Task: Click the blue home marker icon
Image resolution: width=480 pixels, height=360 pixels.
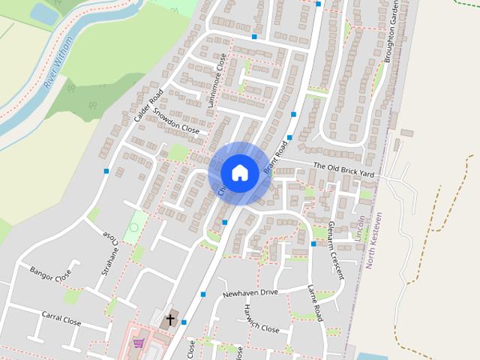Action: click(x=239, y=172)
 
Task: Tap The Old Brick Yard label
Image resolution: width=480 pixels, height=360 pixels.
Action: click(x=343, y=169)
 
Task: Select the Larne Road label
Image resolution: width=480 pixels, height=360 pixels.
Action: click(x=315, y=303)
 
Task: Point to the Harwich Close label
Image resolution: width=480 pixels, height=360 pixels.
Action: click(x=261, y=324)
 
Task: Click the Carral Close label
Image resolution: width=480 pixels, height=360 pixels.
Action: click(x=61, y=319)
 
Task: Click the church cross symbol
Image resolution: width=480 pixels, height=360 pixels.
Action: click(x=169, y=320)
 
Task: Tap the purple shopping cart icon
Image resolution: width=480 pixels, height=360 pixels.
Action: click(x=138, y=343)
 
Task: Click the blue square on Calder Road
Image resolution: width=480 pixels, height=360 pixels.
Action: click(x=106, y=172)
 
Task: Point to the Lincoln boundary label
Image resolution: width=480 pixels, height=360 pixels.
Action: click(x=361, y=229)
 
